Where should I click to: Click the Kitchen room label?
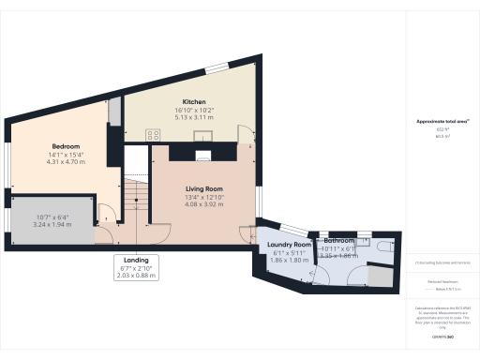[194, 101]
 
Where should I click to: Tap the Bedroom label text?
[66, 146]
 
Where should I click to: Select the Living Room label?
[202, 188]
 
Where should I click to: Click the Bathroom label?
[337, 240]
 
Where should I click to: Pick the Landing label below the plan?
[136, 260]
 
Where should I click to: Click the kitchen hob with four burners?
[153, 135]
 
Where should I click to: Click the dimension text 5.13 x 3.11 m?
[194, 117]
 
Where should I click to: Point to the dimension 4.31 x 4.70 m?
[66, 162]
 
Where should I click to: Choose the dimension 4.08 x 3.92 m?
[202, 204]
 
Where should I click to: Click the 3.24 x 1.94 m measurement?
[52, 226]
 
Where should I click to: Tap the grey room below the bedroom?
[52, 217]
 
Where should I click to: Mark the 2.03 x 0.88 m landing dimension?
[136, 276]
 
